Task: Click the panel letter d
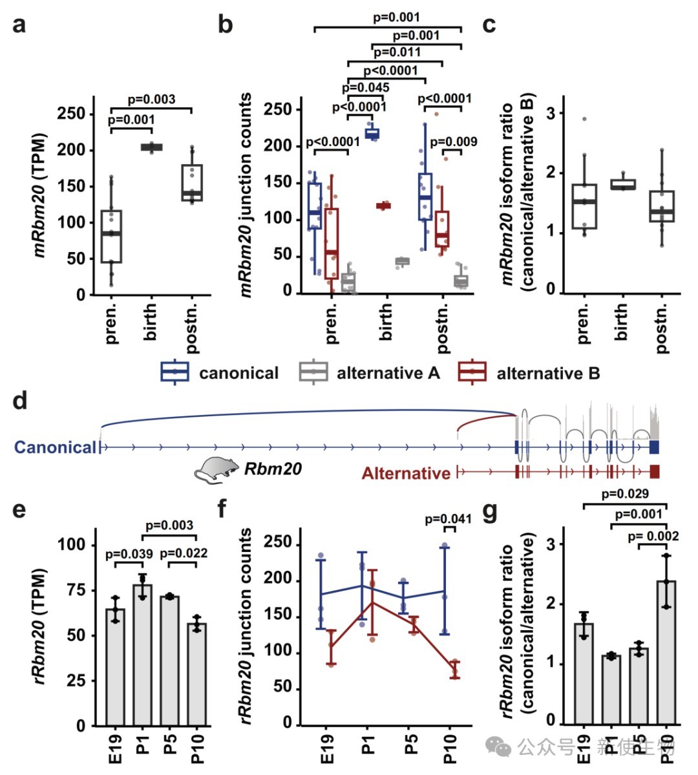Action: (x=20, y=400)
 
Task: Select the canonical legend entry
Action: (x=220, y=373)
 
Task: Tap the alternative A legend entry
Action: (x=369, y=373)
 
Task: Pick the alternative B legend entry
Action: (x=529, y=373)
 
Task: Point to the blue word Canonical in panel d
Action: (x=56, y=447)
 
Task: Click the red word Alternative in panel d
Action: (x=406, y=474)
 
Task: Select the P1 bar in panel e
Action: (x=142, y=655)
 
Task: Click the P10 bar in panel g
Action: (x=666, y=653)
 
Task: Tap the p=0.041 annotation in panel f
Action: (x=449, y=519)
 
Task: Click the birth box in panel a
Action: (x=152, y=147)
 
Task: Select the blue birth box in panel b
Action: (x=372, y=133)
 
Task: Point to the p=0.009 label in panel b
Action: (x=454, y=142)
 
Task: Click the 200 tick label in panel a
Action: (x=72, y=150)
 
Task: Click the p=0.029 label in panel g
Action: (x=625, y=494)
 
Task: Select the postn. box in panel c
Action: (x=662, y=206)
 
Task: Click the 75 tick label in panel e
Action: (x=77, y=589)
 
